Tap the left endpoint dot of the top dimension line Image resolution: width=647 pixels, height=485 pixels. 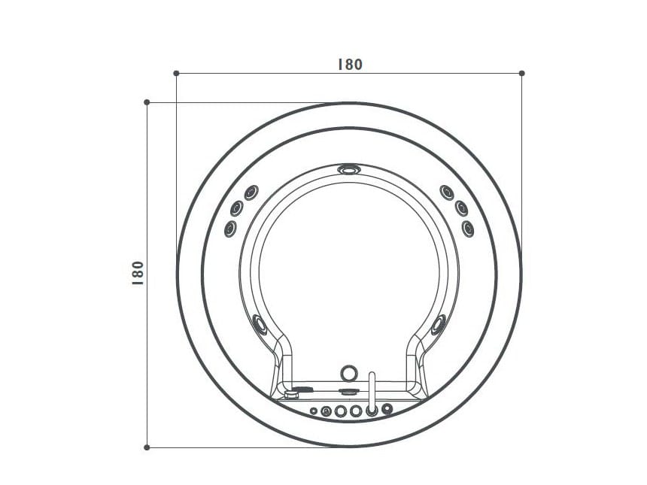tap(176, 73)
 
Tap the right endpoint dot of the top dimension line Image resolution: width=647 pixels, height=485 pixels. tap(521, 73)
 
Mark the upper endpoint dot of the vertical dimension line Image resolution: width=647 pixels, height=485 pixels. tap(147, 102)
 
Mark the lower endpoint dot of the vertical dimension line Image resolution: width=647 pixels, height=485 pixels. tap(147, 447)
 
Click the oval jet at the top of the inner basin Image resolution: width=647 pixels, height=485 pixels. tap(348, 170)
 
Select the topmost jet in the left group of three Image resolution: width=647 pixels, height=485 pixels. tap(251, 191)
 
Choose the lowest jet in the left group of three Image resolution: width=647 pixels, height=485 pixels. tap(230, 226)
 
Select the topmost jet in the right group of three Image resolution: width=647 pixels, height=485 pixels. tap(446, 191)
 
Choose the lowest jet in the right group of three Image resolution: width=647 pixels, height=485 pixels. tap(468, 226)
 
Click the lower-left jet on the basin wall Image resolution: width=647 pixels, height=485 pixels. tap(260, 325)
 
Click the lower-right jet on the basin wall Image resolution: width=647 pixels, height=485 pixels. tap(437, 325)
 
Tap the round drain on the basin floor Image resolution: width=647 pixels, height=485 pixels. tap(348, 372)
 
